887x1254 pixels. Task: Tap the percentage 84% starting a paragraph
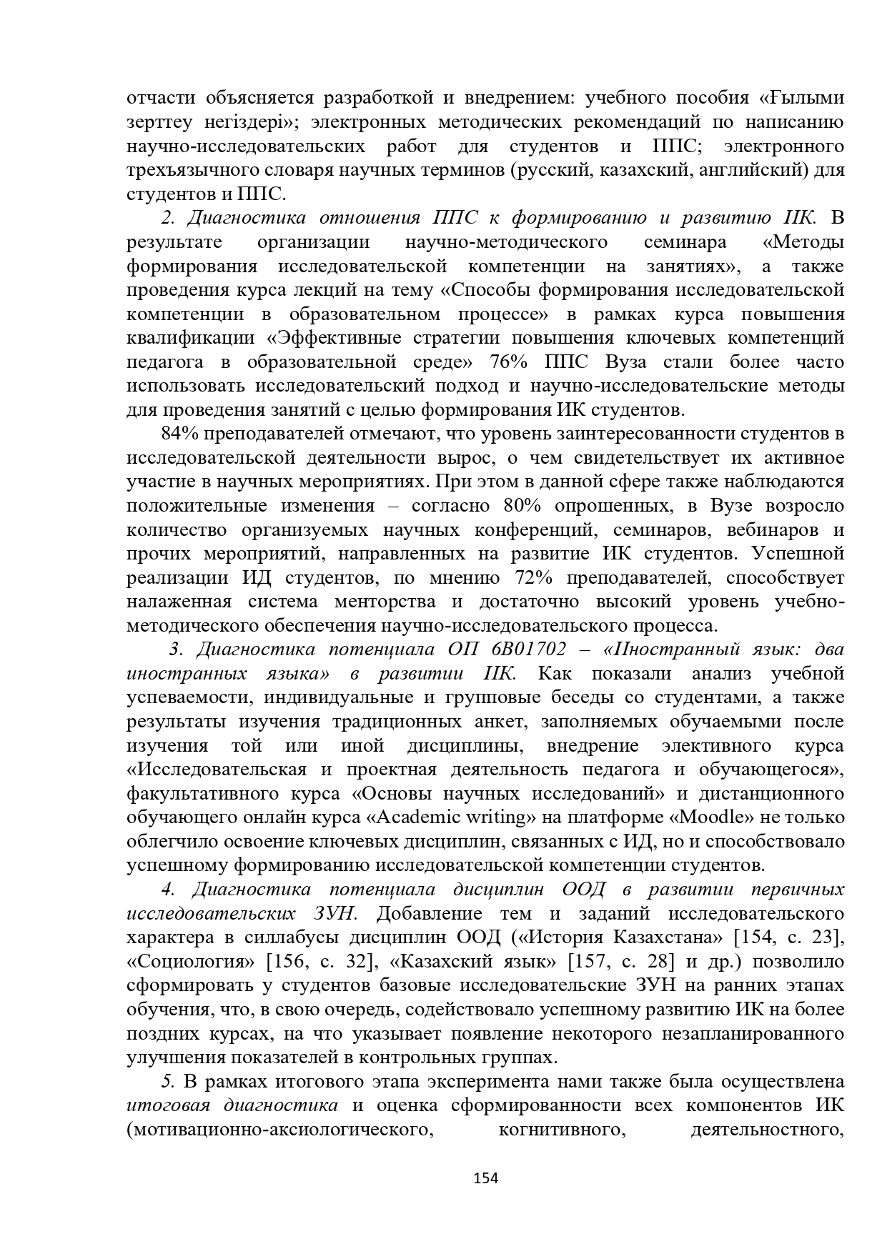pos(179,434)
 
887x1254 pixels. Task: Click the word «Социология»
pos(191,962)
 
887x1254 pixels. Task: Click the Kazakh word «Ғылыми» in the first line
pos(801,98)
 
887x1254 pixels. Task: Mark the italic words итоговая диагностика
pos(232,1105)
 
